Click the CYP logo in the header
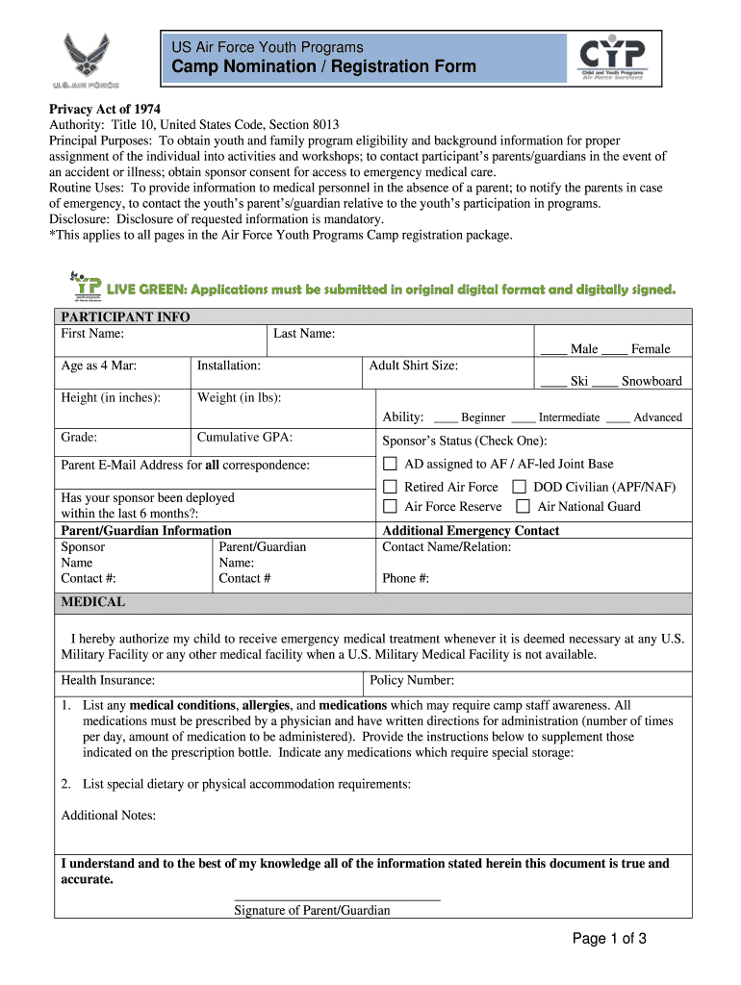pyautogui.click(x=612, y=59)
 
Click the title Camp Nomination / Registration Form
pyautogui.click(x=323, y=66)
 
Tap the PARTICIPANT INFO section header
pyautogui.click(x=126, y=316)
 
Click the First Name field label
pyautogui.click(x=92, y=334)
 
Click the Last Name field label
pyautogui.click(x=304, y=334)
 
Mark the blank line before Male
pyautogui.click(x=552, y=350)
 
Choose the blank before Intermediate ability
pyautogui.click(x=524, y=418)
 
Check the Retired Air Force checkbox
pyautogui.click(x=391, y=487)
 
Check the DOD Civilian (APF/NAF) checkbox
pyautogui.click(x=520, y=487)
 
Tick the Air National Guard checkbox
pyautogui.click(x=524, y=507)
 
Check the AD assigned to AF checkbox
pyautogui.click(x=391, y=464)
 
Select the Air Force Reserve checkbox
pyautogui.click(x=391, y=507)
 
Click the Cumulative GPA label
pyautogui.click(x=244, y=437)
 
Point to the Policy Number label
pyautogui.click(x=412, y=680)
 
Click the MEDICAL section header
pyautogui.click(x=93, y=602)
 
